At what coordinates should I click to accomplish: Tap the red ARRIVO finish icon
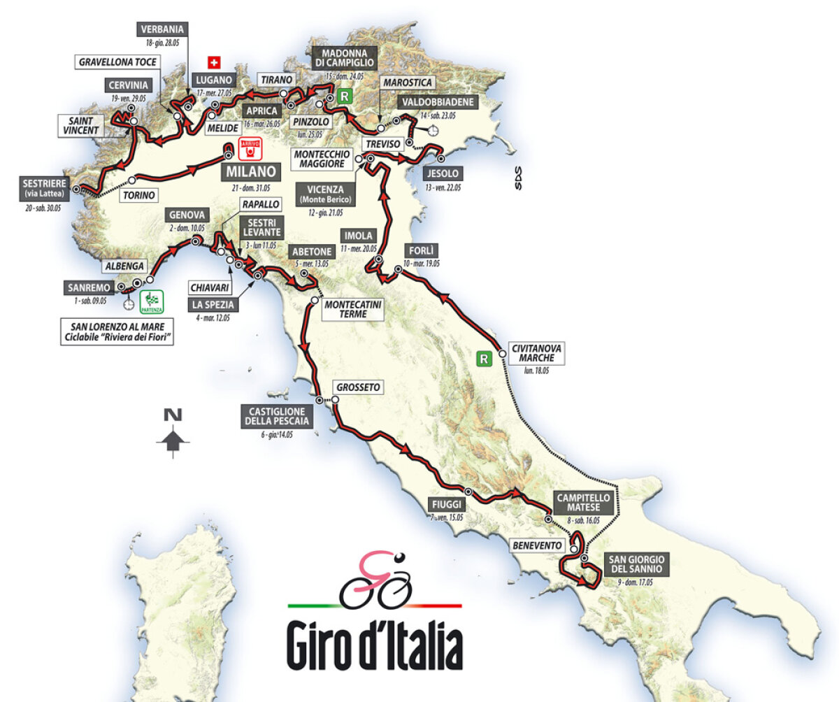click(250, 148)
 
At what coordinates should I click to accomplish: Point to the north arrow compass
click(173, 434)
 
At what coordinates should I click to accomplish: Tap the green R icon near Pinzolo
click(343, 96)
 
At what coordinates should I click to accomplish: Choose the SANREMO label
click(87, 287)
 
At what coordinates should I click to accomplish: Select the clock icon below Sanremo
click(128, 305)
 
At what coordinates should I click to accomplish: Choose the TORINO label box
click(138, 195)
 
